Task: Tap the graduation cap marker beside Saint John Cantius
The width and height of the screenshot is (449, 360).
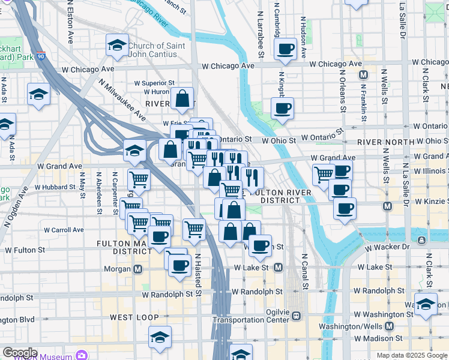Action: tap(117, 44)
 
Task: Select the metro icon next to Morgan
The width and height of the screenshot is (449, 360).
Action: tap(138, 269)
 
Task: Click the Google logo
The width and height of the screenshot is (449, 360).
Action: tap(20, 353)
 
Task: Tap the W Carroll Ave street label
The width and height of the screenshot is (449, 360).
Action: tap(63, 230)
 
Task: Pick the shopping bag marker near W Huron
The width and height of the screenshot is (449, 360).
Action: tap(182, 99)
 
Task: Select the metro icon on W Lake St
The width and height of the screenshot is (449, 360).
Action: tap(278, 267)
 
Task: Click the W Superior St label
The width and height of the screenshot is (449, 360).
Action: tap(154, 83)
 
